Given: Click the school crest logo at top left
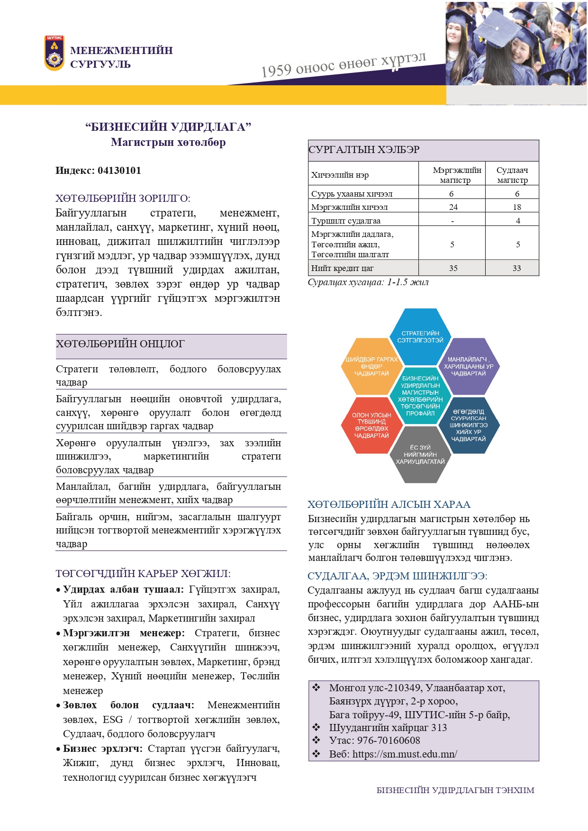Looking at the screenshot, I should (x=54, y=54).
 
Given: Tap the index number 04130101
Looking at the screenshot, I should (x=119, y=171).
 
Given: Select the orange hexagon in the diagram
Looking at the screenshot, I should (x=371, y=366).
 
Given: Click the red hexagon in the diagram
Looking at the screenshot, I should (x=371, y=425).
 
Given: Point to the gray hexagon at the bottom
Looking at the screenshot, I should (x=420, y=454).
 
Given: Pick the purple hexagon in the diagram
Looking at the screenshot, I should (x=468, y=366).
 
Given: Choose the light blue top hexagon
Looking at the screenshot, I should (x=420, y=337).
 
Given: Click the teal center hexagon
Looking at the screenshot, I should (x=420, y=396).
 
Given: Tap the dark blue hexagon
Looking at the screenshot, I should (x=468, y=425).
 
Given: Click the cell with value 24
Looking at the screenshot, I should (x=453, y=207).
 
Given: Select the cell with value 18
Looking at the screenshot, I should (x=516, y=207).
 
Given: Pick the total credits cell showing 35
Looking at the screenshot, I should (x=453, y=268).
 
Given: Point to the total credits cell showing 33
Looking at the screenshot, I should (x=516, y=268).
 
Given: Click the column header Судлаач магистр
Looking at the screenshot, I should (x=512, y=175).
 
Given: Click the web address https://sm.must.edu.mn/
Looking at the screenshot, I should (x=405, y=754).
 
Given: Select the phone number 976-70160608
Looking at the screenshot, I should (x=389, y=741).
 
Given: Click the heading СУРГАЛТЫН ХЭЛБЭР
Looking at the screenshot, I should (x=364, y=150).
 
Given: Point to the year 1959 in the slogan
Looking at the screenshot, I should (x=276, y=71).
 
